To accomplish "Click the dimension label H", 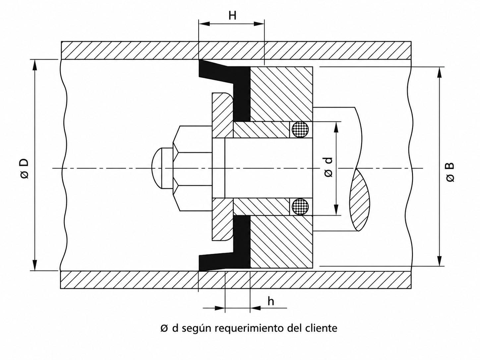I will click(232, 15).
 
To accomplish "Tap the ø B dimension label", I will click(450, 172).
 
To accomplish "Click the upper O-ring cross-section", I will click(300, 129).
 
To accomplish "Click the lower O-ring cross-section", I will click(300, 207).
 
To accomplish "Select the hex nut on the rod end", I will click(192, 168).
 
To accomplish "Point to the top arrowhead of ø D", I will click(34, 65).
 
